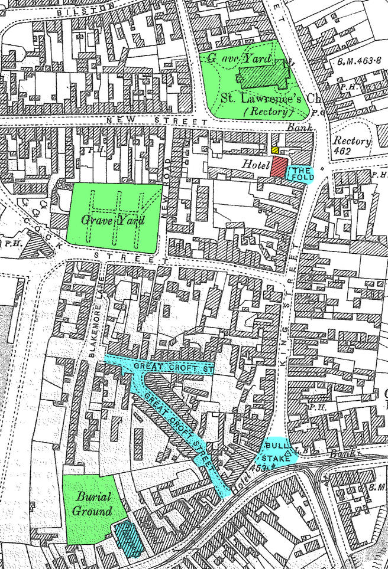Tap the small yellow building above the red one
(x=275, y=151)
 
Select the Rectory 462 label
(x=351, y=146)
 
